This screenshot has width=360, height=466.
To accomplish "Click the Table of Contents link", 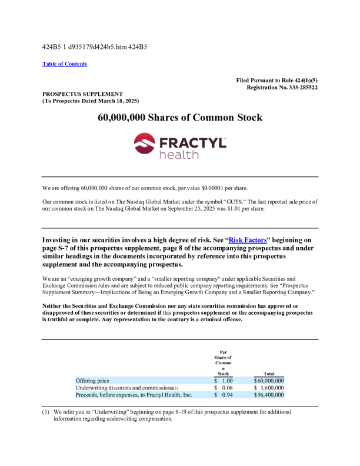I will click(65, 64).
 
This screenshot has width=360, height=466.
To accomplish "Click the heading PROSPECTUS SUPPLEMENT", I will click(82, 94).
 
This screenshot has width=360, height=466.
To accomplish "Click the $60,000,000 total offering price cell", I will click(268, 381).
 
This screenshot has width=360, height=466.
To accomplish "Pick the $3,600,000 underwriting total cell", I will click(269, 388).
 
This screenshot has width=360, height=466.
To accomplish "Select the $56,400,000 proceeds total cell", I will click(268, 395).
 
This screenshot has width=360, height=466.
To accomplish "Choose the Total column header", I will click(269, 373).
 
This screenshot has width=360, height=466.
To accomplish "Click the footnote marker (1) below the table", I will click(45, 412).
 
